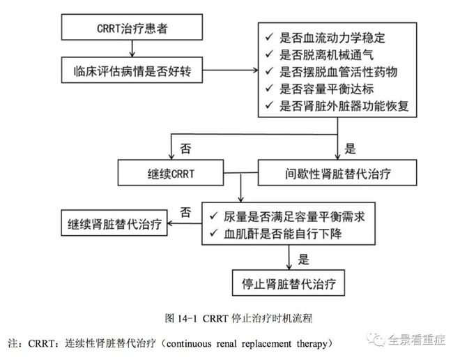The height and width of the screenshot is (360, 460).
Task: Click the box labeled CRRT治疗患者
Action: coord(132,27)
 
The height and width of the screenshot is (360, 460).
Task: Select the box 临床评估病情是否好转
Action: coord(132,70)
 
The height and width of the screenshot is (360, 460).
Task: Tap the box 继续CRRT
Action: coord(171,172)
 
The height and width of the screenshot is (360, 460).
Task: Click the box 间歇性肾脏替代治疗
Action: coord(337,172)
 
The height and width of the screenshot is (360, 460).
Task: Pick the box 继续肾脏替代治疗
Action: coord(114,223)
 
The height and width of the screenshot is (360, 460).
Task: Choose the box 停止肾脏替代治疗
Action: coord(289,283)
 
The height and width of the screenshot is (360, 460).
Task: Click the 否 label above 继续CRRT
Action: coord(185,149)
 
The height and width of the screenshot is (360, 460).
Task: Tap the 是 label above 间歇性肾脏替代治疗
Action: coord(350,149)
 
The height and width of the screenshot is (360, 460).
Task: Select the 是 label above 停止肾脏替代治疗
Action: coord(304,260)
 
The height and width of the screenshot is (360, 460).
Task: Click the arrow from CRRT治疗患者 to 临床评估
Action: coord(132,48)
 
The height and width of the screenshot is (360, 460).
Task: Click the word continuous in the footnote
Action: coord(189,343)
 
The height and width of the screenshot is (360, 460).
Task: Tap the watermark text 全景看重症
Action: coord(416,340)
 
